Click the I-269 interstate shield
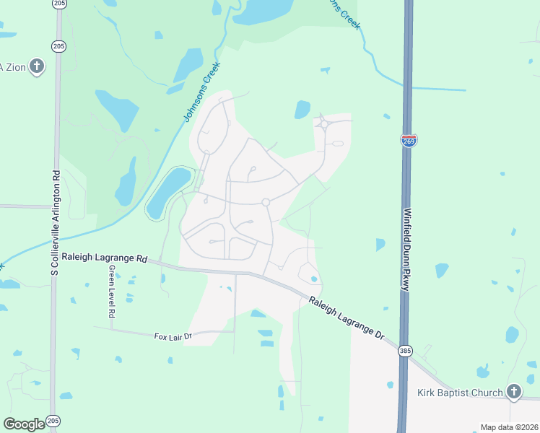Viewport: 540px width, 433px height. [409, 139]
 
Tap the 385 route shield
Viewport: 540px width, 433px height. [405, 351]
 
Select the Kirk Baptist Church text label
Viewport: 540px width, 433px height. [460, 393]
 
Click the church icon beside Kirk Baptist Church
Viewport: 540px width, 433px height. [513, 392]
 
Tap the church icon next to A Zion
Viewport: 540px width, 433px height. [37, 67]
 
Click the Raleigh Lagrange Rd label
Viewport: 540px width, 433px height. [104, 257]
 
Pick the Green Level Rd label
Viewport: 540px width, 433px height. [112, 292]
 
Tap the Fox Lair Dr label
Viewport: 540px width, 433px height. [173, 336]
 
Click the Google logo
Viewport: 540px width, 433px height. [25, 424]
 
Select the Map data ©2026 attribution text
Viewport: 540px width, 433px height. [508, 427]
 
